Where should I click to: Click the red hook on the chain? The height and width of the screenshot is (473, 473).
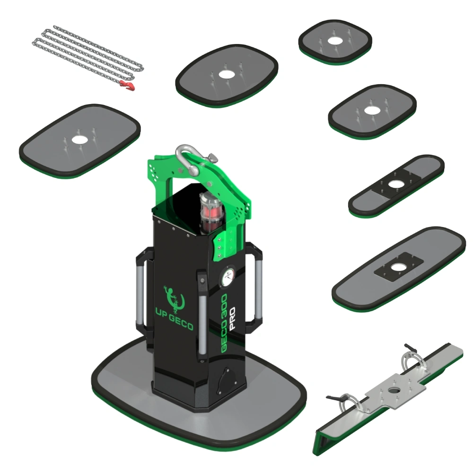coord(128,86)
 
